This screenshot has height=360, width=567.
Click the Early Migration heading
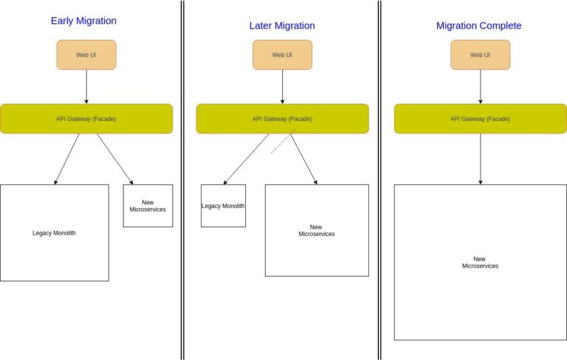(83, 21)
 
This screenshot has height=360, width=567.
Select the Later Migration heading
(282, 26)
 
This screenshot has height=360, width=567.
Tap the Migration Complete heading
(478, 26)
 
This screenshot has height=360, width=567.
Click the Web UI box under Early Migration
(86, 55)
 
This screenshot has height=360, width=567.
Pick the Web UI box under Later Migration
(282, 55)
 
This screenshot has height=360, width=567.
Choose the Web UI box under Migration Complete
(480, 55)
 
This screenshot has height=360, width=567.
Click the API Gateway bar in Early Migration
(86, 119)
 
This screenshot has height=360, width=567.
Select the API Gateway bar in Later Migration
(282, 119)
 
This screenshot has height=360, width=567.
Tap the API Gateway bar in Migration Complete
(480, 119)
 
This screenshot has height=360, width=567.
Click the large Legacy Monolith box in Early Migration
(54, 233)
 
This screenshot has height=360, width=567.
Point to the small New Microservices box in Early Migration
(148, 206)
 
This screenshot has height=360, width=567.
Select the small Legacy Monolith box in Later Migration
(223, 206)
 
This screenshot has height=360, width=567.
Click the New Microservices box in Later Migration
(317, 230)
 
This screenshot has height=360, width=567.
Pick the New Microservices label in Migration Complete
(480, 263)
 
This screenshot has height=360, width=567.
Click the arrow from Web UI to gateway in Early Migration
(86, 86)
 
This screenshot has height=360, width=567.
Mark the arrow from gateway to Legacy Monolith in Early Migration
(67, 159)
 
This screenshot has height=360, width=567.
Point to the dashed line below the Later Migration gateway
(283, 142)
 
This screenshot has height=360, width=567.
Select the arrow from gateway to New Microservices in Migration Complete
(481, 159)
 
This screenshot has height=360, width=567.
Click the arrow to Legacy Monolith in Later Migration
(247, 159)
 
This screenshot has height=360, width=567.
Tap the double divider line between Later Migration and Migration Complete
(379, 180)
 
